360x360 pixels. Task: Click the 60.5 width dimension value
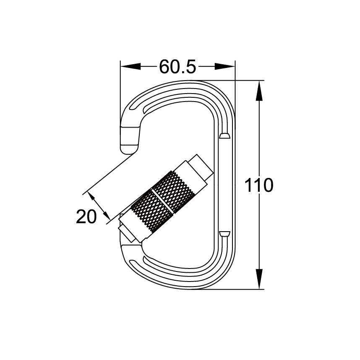(177, 66)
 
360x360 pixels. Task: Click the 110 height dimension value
(259, 185)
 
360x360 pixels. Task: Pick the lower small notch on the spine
(225, 233)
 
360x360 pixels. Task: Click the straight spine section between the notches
(225, 185)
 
